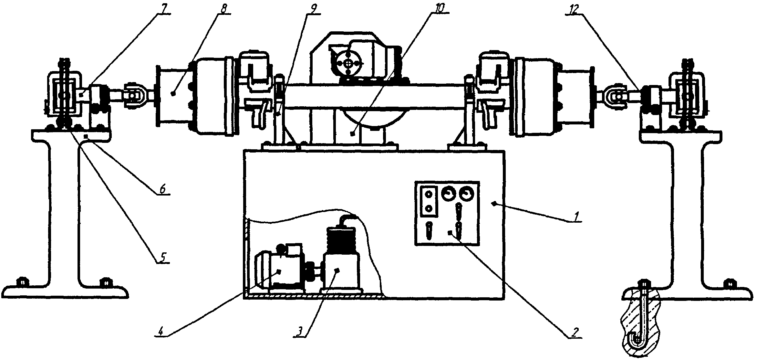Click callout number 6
pos(162,190)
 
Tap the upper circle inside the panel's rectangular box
pos(429,195)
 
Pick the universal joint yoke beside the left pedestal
pos(133,96)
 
